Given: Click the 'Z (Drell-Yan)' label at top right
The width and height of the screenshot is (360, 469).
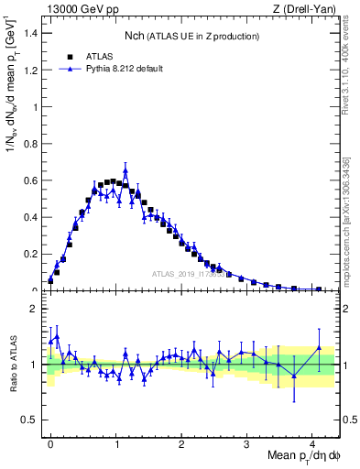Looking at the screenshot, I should (303, 9).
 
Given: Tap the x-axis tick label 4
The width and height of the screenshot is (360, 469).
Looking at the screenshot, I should (312, 443).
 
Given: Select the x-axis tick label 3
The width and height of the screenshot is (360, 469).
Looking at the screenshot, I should (247, 443).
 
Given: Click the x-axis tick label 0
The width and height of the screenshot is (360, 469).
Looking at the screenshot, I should (50, 443).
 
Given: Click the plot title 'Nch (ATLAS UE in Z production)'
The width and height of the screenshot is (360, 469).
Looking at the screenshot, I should (192, 36).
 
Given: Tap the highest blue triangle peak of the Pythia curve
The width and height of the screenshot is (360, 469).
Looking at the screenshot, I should (125, 170).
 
